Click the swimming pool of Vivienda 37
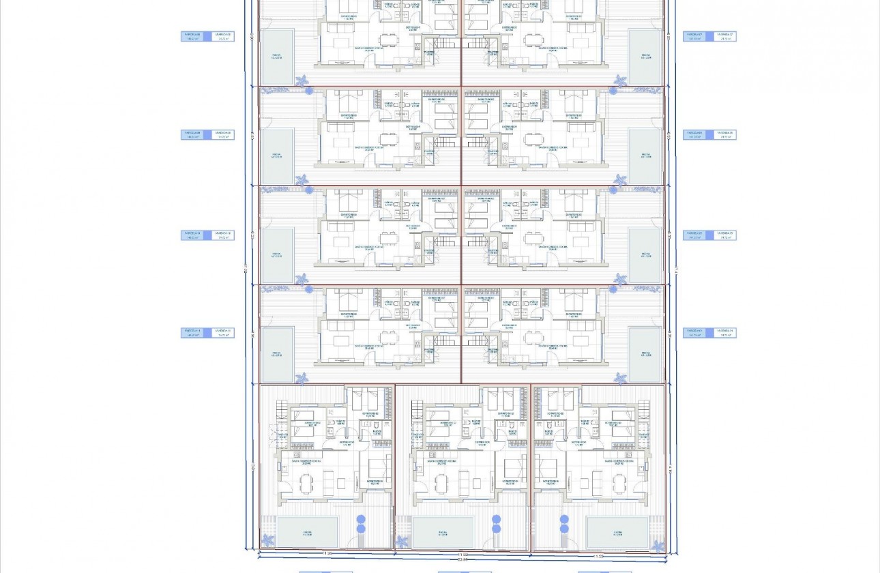645,57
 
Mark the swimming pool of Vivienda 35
645,255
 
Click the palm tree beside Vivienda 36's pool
620,179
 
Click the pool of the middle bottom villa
443,532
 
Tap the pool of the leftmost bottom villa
307,532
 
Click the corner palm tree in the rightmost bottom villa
657,546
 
